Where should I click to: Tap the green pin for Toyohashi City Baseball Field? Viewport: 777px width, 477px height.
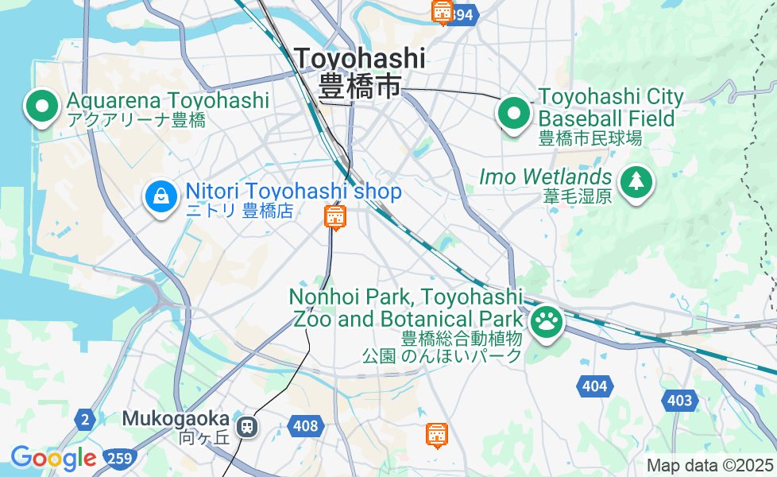[x=515, y=113]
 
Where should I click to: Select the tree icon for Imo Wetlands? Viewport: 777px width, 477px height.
[x=636, y=182]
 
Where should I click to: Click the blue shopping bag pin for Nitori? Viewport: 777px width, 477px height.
[x=160, y=195]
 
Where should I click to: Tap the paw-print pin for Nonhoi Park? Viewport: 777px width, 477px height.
[x=547, y=322]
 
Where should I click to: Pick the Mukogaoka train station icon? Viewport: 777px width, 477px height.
[x=248, y=426]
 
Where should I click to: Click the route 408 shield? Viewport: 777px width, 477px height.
[x=306, y=426]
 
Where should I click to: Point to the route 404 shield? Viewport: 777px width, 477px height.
[x=593, y=386]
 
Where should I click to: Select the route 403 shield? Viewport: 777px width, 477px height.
[x=679, y=400]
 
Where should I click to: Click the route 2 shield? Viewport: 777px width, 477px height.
[x=84, y=419]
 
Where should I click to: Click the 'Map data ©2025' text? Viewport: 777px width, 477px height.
[x=709, y=465]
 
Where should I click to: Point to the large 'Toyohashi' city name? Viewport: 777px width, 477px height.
[x=359, y=58]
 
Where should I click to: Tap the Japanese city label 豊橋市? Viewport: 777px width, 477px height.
[x=359, y=86]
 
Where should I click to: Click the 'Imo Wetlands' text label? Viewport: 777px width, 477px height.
[x=545, y=176]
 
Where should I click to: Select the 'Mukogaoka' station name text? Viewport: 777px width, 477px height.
[x=176, y=418]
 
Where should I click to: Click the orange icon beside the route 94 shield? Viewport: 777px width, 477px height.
[x=442, y=12]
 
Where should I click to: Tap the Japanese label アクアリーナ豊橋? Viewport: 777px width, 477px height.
[x=137, y=121]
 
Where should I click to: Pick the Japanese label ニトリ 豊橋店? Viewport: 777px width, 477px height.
[x=239, y=211]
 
